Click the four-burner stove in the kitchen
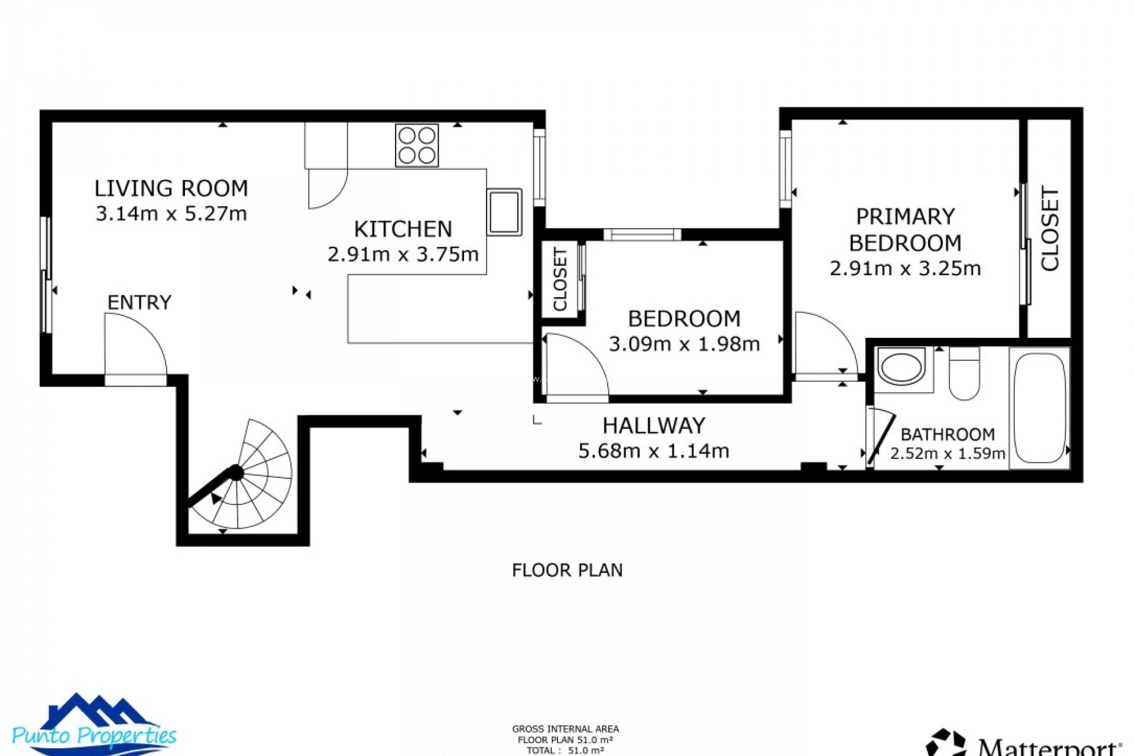pyautogui.click(x=417, y=145)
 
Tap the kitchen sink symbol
pyautogui.click(x=504, y=212)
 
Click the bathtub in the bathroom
pyautogui.click(x=1039, y=408)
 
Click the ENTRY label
pyautogui.click(x=139, y=302)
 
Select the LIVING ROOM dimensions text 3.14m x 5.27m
pyautogui.click(x=171, y=213)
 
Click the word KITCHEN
pyautogui.click(x=403, y=229)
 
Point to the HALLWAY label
pyautogui.click(x=653, y=425)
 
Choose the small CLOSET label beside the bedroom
pyautogui.click(x=560, y=279)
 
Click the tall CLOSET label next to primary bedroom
pyautogui.click(x=1050, y=229)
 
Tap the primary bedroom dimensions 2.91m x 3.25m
pyautogui.click(x=905, y=268)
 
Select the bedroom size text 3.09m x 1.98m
pyautogui.click(x=684, y=344)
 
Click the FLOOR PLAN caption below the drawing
pyautogui.click(x=567, y=570)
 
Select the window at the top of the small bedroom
pyautogui.click(x=642, y=234)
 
